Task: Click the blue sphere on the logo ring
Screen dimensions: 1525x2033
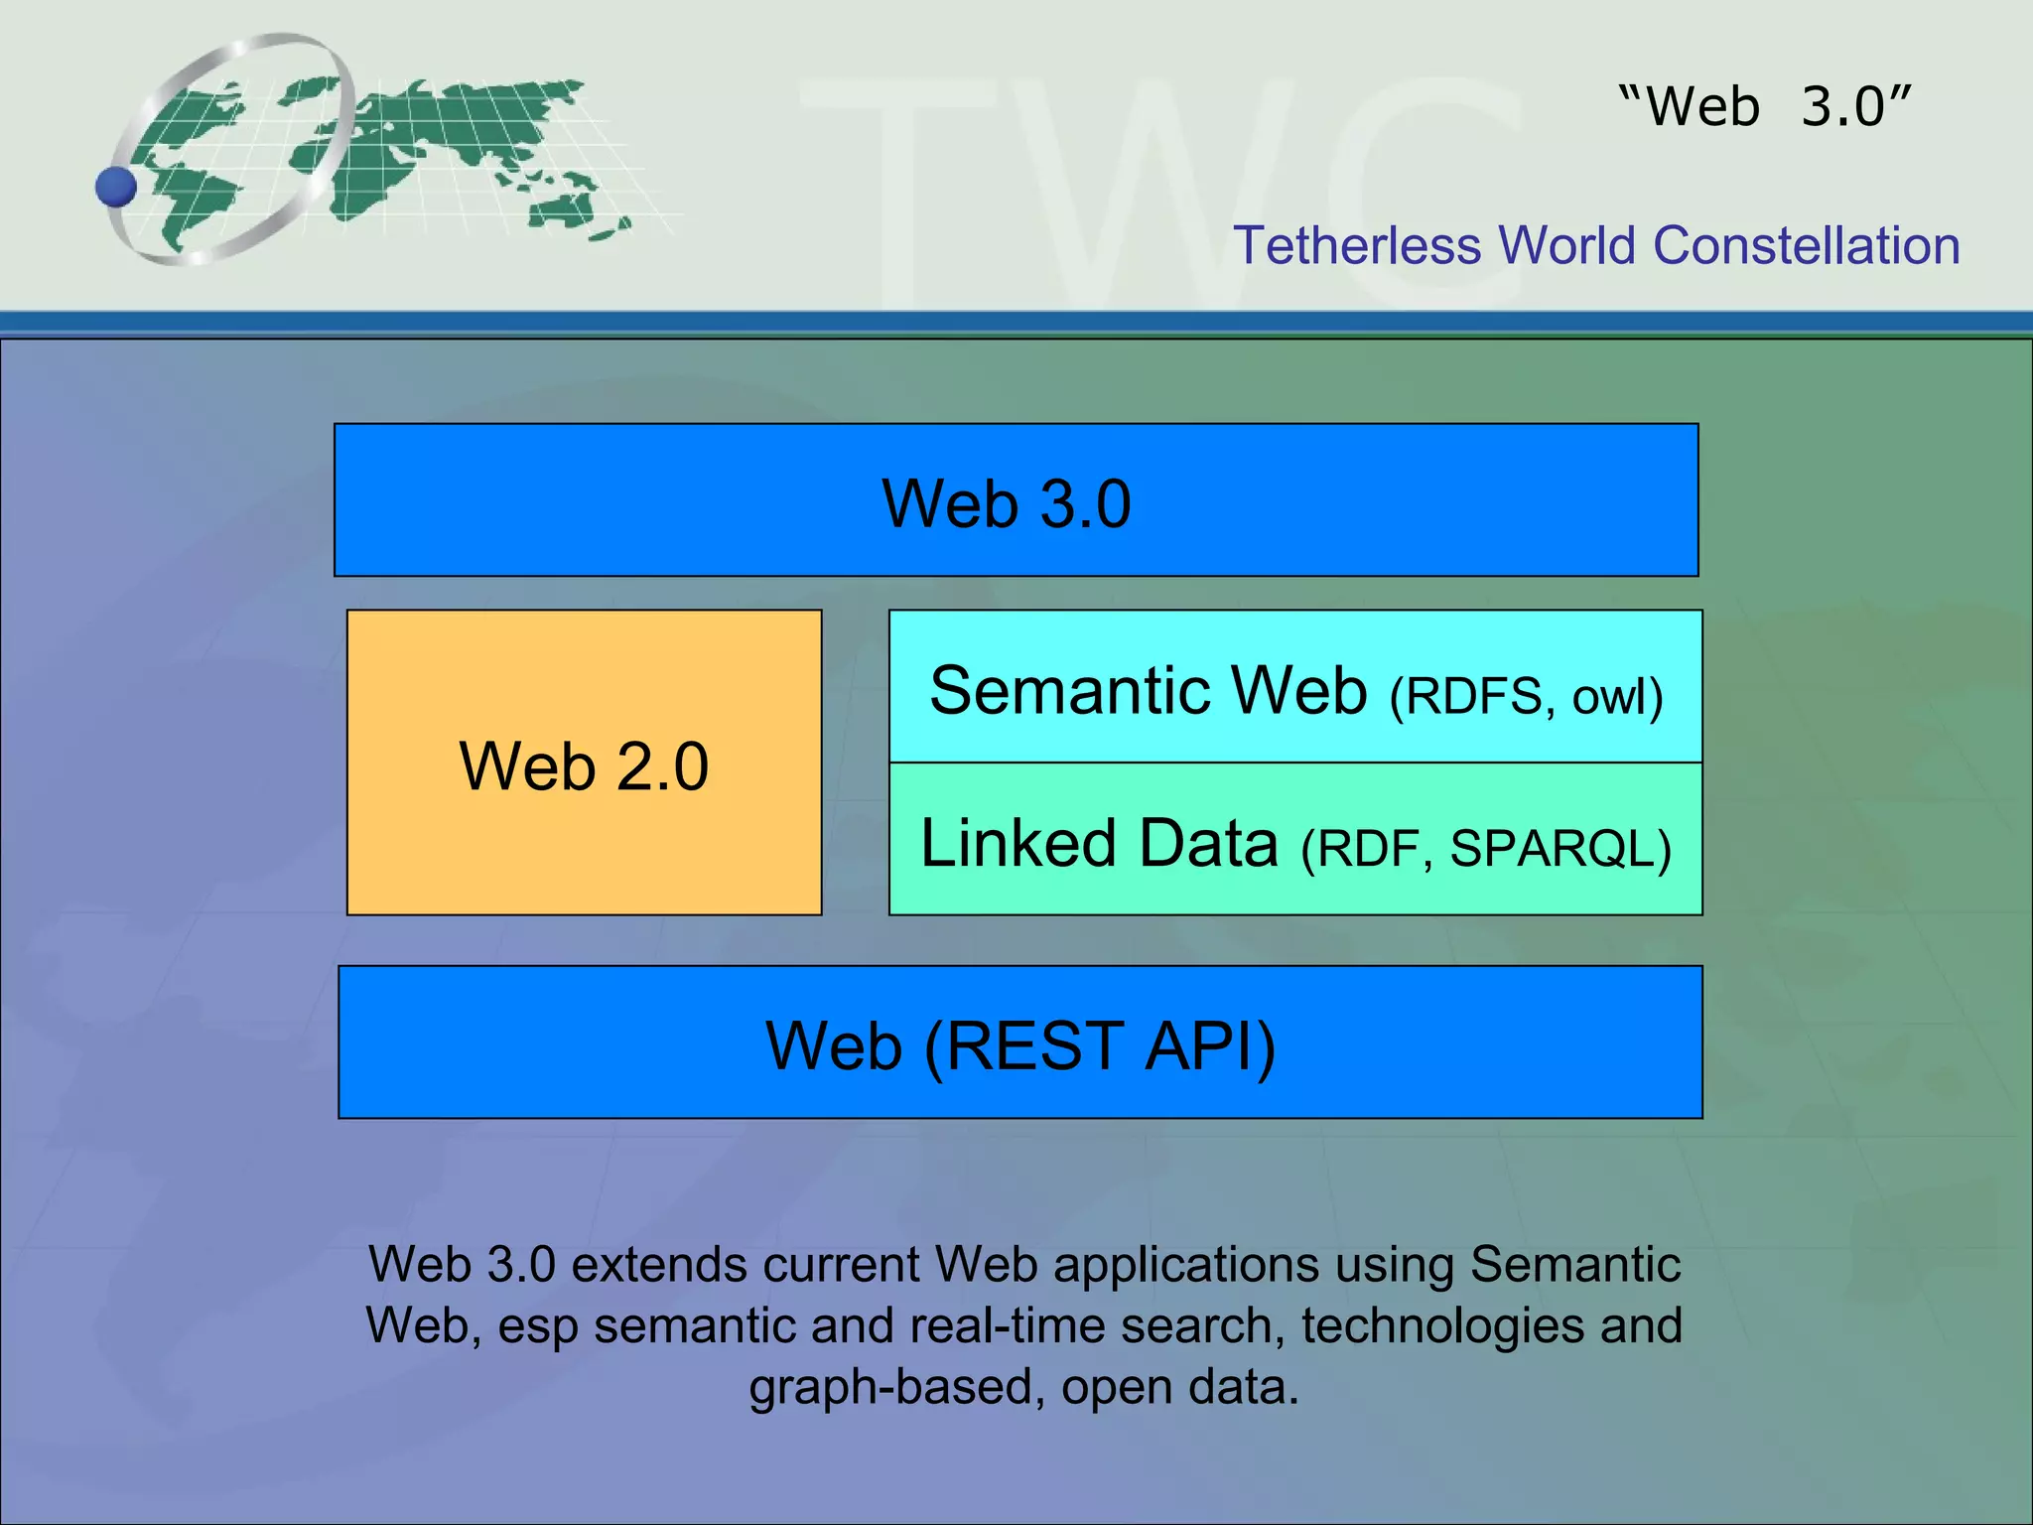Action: [116, 187]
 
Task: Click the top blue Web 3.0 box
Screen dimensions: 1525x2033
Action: [1016, 500]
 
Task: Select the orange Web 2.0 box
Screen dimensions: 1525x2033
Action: [584, 762]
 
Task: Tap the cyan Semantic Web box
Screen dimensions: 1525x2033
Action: [1295, 687]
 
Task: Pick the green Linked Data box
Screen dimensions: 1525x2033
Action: [1295, 840]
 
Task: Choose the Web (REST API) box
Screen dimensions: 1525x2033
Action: [1019, 1042]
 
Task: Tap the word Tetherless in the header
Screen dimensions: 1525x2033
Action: [1357, 245]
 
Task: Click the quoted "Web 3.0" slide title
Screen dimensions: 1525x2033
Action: [1765, 106]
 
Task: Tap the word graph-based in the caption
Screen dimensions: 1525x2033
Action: [896, 1388]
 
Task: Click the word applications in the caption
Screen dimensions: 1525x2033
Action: [1185, 1265]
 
